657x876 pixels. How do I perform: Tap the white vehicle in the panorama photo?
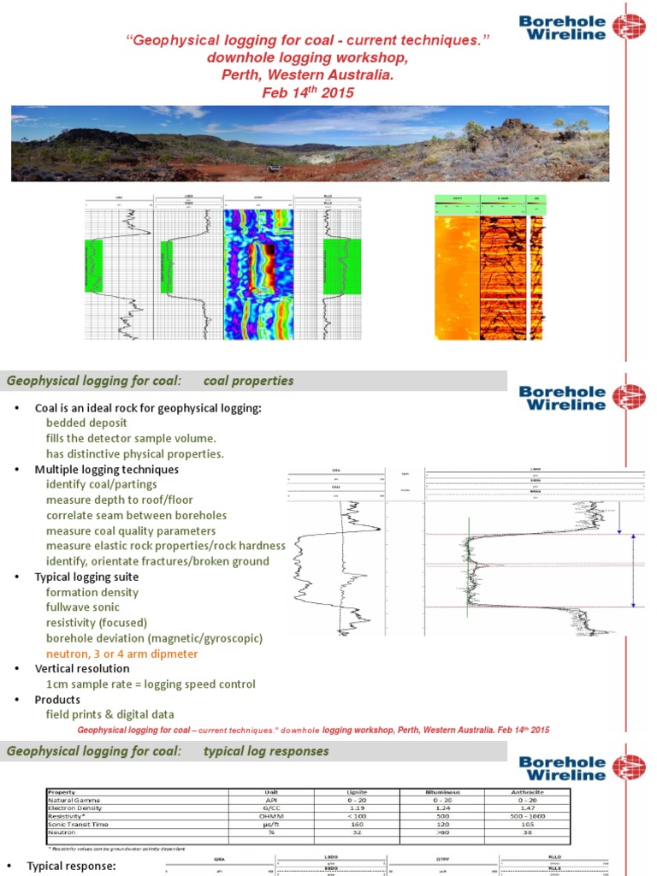275,167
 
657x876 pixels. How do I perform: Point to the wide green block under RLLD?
342,267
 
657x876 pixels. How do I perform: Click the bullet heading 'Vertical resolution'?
82,669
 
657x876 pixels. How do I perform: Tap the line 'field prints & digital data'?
109,715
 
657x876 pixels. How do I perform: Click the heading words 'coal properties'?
249,381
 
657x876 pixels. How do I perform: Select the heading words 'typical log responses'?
266,752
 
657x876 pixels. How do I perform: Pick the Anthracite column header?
527,792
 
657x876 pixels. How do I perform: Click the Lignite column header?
357,792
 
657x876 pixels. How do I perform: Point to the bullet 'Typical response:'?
71,867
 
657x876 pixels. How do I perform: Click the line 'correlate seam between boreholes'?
136,516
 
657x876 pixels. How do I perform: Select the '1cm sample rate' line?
151,684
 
